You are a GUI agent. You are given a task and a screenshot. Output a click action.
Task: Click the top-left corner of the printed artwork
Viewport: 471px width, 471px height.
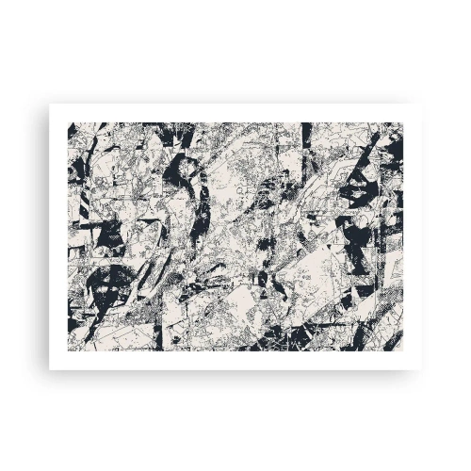click(x=68, y=122)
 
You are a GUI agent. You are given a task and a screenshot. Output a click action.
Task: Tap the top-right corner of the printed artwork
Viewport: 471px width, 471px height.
click(x=403, y=122)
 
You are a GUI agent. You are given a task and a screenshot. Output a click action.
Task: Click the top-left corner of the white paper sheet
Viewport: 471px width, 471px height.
click(x=50, y=104)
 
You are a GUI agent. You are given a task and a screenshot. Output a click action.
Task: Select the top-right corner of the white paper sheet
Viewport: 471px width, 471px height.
click(x=421, y=104)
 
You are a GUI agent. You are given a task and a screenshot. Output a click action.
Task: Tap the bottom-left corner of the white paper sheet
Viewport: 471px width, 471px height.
click(x=50, y=368)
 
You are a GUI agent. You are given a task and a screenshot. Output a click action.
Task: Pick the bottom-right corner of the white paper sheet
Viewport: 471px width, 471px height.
click(x=421, y=368)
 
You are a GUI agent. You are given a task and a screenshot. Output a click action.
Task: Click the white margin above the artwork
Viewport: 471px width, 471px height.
click(x=235, y=113)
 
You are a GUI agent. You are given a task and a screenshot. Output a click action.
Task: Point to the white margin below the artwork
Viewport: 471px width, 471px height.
click(x=235, y=359)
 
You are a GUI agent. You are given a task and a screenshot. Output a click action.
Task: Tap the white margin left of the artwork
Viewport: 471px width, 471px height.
click(x=58, y=235)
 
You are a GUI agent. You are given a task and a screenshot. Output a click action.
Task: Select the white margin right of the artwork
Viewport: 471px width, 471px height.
click(x=412, y=235)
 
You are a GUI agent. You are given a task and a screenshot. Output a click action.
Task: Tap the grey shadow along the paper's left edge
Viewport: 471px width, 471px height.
click(x=48, y=235)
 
